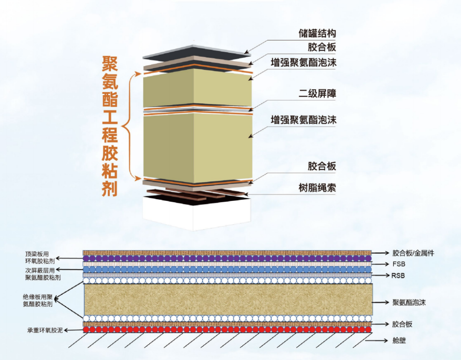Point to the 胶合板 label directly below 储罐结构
[x=322, y=47]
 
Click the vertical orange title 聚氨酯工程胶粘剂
[x=110, y=126]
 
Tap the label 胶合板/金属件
[x=413, y=253]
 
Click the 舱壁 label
[x=400, y=341]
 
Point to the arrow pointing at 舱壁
[x=382, y=341]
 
